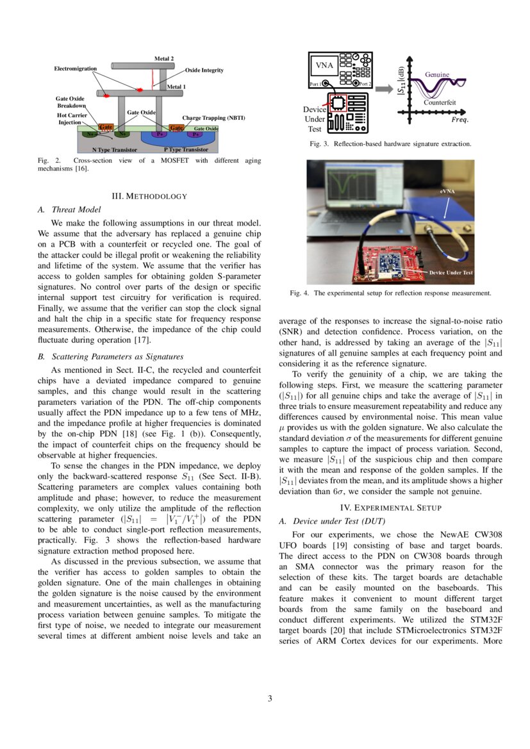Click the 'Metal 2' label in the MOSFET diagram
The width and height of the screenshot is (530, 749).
pos(164,58)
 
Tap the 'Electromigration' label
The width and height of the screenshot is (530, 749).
pos(75,69)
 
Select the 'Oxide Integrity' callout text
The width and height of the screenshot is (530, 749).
pos(204,70)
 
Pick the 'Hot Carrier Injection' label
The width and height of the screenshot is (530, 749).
pos(72,119)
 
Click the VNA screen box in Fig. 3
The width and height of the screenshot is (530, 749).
pos(324,65)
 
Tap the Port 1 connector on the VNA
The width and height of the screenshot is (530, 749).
pos(327,84)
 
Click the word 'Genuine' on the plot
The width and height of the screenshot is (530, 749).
pos(437,75)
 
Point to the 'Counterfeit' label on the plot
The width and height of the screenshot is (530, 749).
pos(439,103)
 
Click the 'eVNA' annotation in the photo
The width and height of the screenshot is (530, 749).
pos(448,192)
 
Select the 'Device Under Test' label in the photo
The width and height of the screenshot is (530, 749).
pos(451,273)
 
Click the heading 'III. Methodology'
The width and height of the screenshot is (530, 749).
pos(149,195)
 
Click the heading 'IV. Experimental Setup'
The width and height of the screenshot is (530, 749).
pos(390,507)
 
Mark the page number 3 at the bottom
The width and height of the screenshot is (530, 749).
pos(270,698)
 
